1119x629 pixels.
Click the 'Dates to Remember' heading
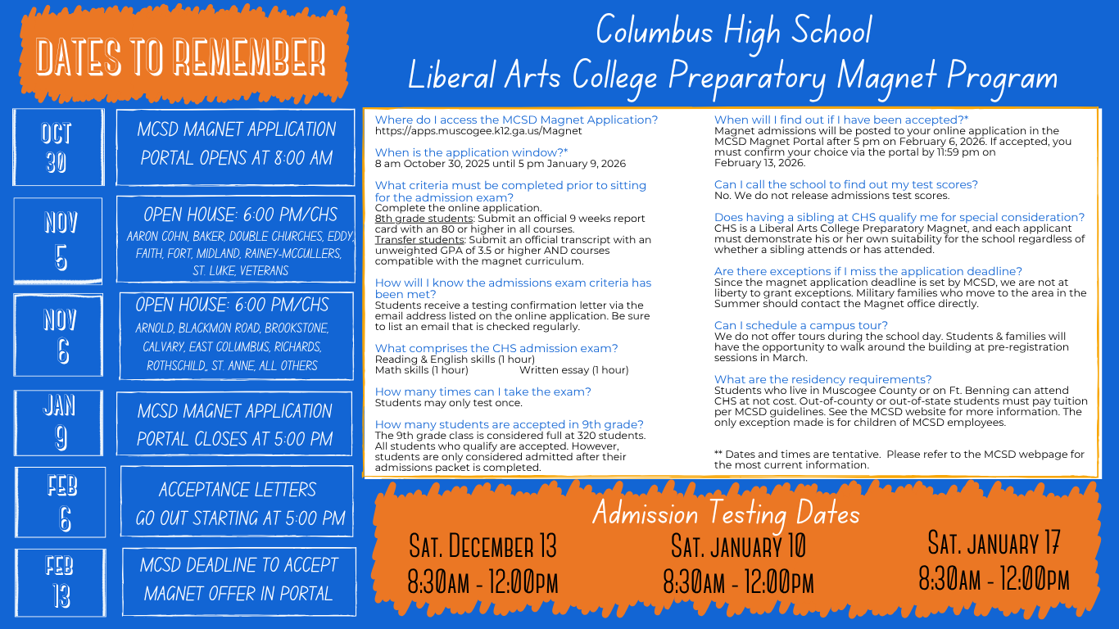click(181, 57)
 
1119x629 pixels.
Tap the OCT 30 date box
click(57, 147)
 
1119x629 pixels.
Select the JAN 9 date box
click(58, 423)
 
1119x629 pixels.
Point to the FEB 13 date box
click(60, 582)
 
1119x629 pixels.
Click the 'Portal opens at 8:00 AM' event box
click(236, 143)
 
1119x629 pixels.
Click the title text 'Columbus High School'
click(733, 31)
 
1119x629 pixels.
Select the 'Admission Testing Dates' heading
click(726, 514)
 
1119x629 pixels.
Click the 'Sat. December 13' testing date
click(482, 545)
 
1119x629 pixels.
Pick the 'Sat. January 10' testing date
click(738, 545)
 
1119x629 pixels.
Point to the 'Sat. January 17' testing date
click(994, 542)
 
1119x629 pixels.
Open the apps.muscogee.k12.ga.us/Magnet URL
click(478, 131)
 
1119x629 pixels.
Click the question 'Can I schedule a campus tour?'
click(800, 325)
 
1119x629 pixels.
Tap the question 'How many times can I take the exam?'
click(482, 391)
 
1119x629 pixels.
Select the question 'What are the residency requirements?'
click(822, 379)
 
